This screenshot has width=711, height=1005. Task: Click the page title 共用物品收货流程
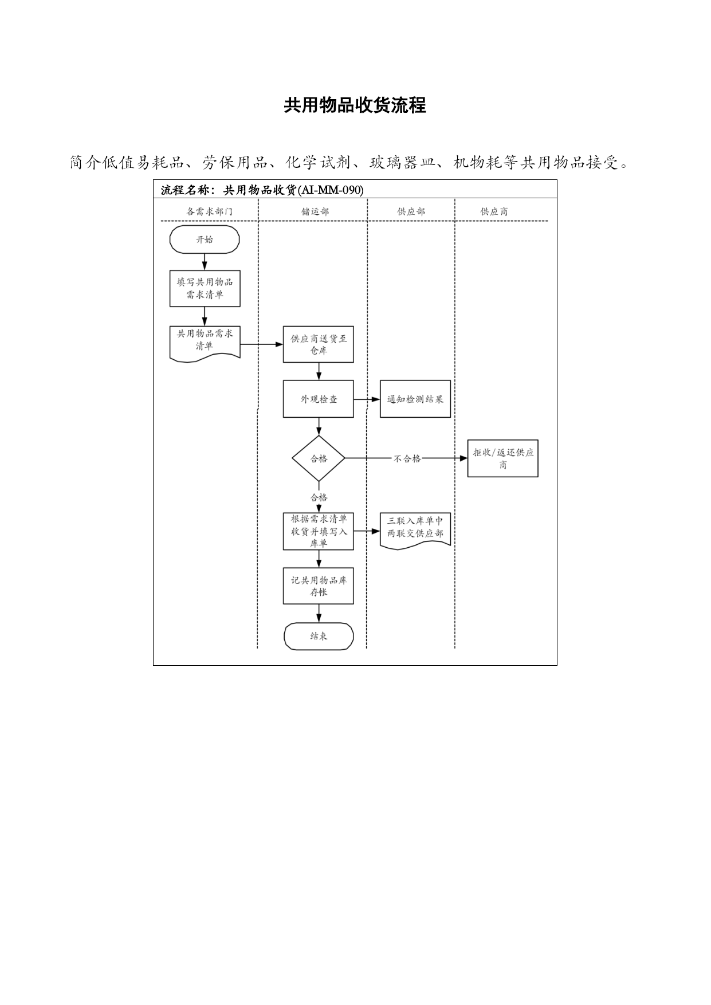click(355, 105)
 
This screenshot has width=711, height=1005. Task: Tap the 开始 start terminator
click(205, 240)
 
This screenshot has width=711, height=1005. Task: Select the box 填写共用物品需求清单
click(205, 288)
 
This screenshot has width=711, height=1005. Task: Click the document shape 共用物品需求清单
click(205, 343)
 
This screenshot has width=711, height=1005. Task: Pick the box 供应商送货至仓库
click(319, 344)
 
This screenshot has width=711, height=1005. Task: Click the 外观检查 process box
click(319, 399)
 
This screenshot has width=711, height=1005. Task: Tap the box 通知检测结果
click(415, 399)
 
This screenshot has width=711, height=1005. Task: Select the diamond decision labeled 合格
click(319, 458)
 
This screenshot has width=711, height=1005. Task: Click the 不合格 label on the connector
click(407, 458)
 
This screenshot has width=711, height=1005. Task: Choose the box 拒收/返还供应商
click(503, 458)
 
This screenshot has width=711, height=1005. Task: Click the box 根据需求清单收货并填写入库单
click(319, 531)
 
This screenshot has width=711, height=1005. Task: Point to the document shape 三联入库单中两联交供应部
click(415, 531)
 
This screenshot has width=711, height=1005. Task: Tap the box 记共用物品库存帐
click(319, 586)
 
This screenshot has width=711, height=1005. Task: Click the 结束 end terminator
click(319, 636)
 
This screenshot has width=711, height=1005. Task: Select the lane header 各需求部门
click(210, 211)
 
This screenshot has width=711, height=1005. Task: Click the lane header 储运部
click(316, 211)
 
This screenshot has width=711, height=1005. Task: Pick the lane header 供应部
click(411, 211)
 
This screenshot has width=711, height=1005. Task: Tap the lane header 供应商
click(494, 211)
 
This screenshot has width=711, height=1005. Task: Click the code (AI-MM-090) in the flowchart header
click(331, 190)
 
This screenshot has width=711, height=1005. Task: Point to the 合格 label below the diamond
click(319, 497)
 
